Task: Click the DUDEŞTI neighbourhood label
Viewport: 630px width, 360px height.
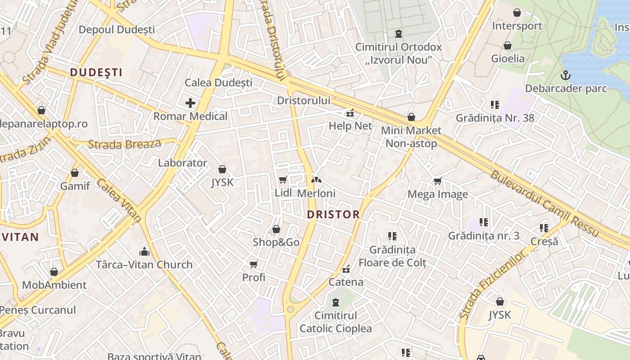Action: pyautogui.click(x=96, y=72)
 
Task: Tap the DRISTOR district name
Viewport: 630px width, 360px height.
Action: pyautogui.click(x=333, y=215)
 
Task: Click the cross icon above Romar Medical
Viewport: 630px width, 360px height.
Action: pyautogui.click(x=190, y=103)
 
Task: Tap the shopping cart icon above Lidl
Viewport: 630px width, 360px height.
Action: pyautogui.click(x=283, y=180)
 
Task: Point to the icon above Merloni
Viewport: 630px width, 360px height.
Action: pyautogui.click(x=316, y=180)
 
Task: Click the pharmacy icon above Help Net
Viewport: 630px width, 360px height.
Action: pyautogui.click(x=350, y=113)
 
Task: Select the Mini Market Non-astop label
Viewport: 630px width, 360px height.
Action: pyautogui.click(x=411, y=137)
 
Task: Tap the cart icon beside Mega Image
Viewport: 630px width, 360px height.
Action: pyautogui.click(x=437, y=181)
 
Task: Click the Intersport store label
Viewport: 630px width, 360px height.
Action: pyautogui.click(x=517, y=26)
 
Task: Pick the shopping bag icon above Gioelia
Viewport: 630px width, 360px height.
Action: pyautogui.click(x=508, y=45)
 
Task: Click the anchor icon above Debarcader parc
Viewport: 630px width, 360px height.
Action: pyautogui.click(x=566, y=75)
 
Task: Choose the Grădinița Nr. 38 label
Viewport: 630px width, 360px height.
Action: pyautogui.click(x=495, y=118)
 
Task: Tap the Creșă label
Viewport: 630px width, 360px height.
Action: pyautogui.click(x=544, y=241)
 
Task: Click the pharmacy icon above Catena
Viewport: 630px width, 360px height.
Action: pyautogui.click(x=346, y=270)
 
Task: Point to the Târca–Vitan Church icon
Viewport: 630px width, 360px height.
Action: pyautogui.click(x=144, y=251)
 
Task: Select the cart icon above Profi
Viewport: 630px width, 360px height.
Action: pyautogui.click(x=254, y=264)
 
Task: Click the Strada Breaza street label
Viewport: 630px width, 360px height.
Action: pyautogui.click(x=125, y=144)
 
